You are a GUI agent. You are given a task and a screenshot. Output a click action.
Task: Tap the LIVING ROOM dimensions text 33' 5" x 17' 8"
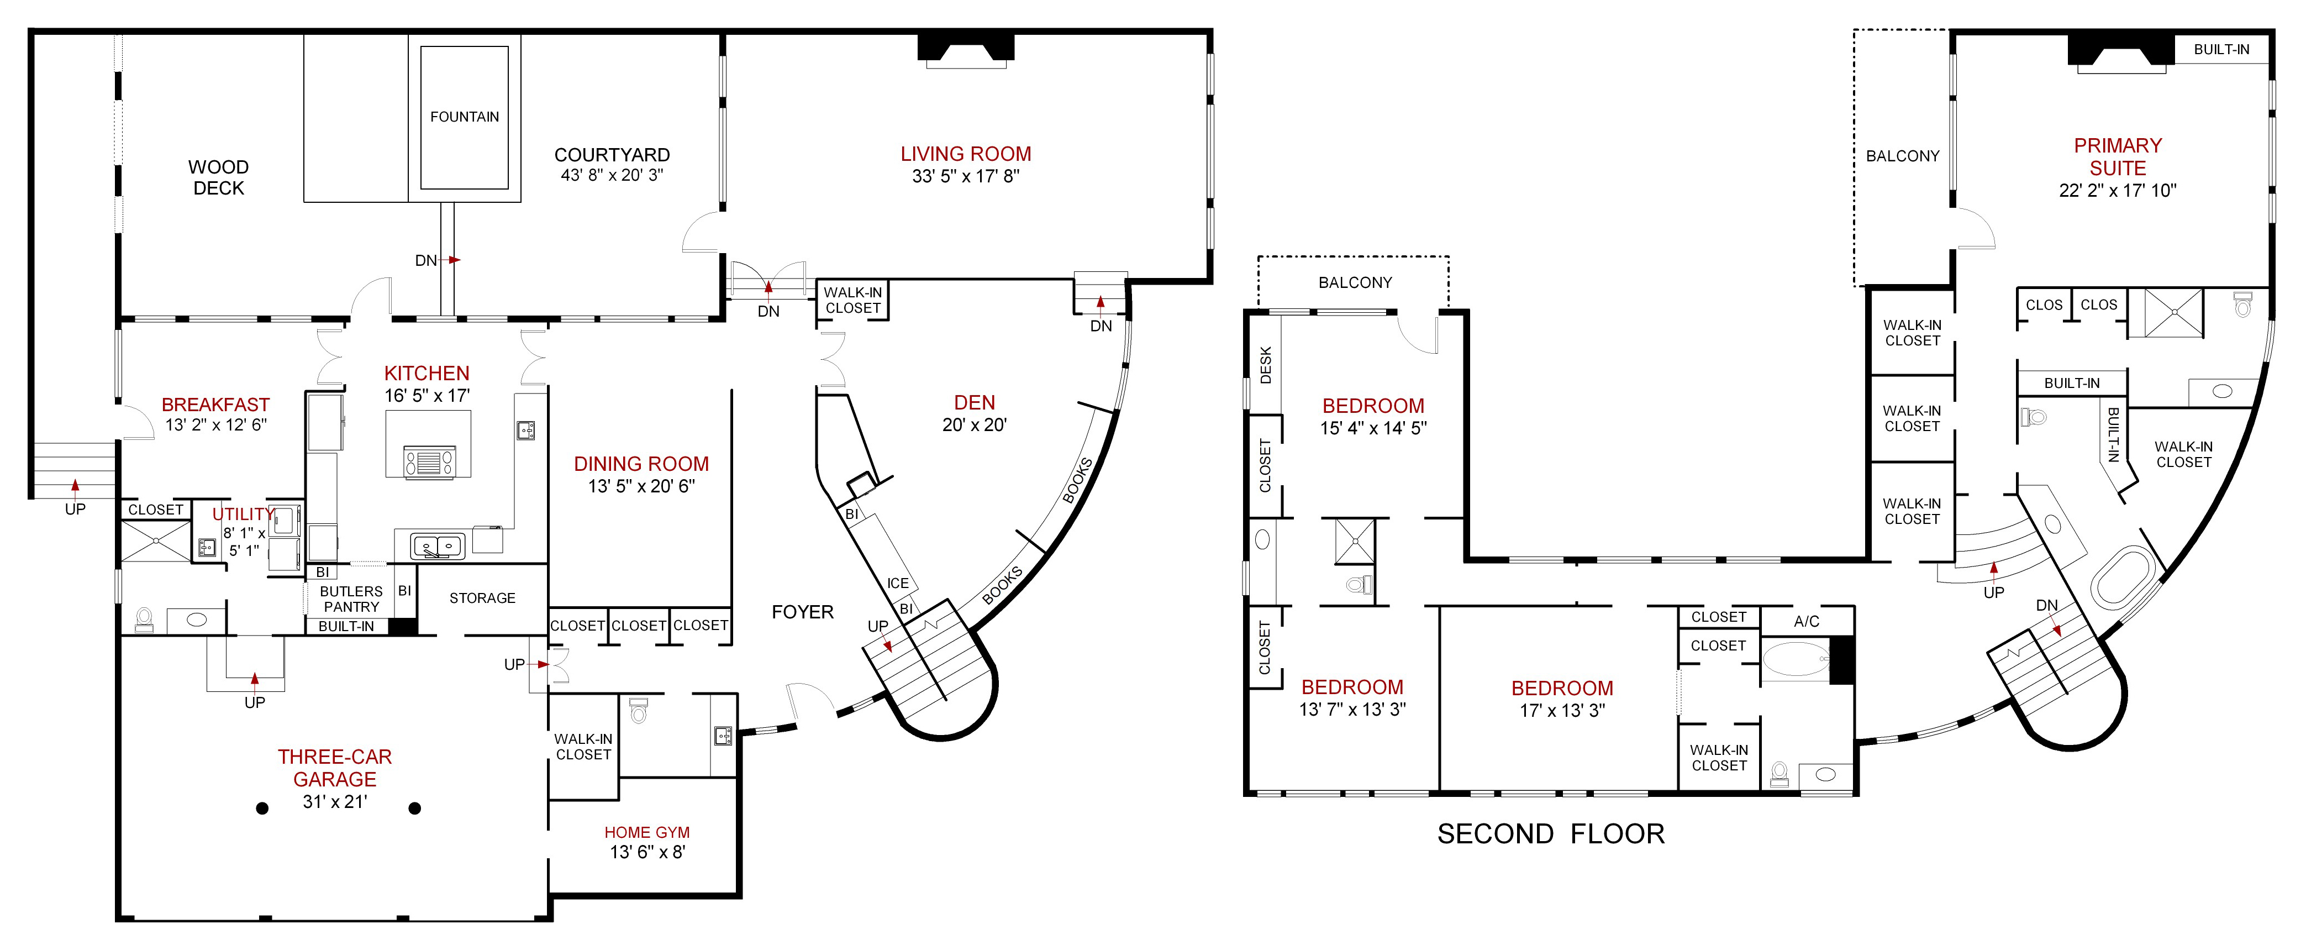tap(965, 176)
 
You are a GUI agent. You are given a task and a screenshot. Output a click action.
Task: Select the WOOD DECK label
tap(218, 177)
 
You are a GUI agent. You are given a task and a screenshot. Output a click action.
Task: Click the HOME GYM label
tap(646, 832)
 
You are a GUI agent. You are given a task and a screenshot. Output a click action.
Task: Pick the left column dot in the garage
tap(262, 809)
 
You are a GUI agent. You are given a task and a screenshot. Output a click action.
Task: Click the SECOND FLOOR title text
tap(1550, 833)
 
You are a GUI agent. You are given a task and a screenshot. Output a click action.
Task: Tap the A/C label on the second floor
tap(1805, 621)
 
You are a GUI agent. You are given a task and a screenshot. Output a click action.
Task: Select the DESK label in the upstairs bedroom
tap(1265, 365)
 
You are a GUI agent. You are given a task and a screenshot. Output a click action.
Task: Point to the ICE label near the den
tap(897, 584)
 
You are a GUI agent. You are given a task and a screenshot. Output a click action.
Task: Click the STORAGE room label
tap(482, 598)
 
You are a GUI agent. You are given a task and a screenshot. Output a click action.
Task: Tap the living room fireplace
tap(966, 50)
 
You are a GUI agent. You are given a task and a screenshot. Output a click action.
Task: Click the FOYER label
tap(802, 612)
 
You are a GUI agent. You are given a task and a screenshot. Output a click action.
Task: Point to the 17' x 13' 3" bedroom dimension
tap(1562, 710)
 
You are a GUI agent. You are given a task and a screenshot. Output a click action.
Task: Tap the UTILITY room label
tap(241, 514)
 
